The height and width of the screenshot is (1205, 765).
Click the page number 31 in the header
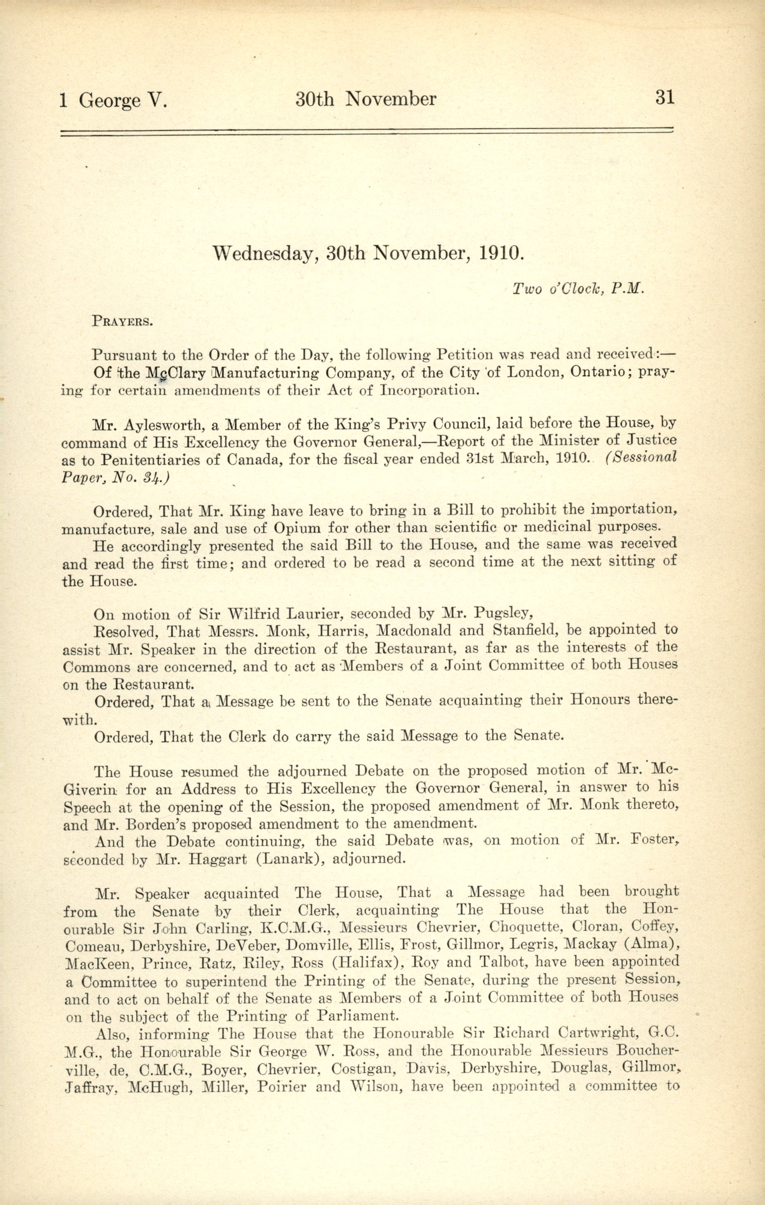coord(665,97)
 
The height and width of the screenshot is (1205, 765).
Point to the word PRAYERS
coord(122,321)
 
